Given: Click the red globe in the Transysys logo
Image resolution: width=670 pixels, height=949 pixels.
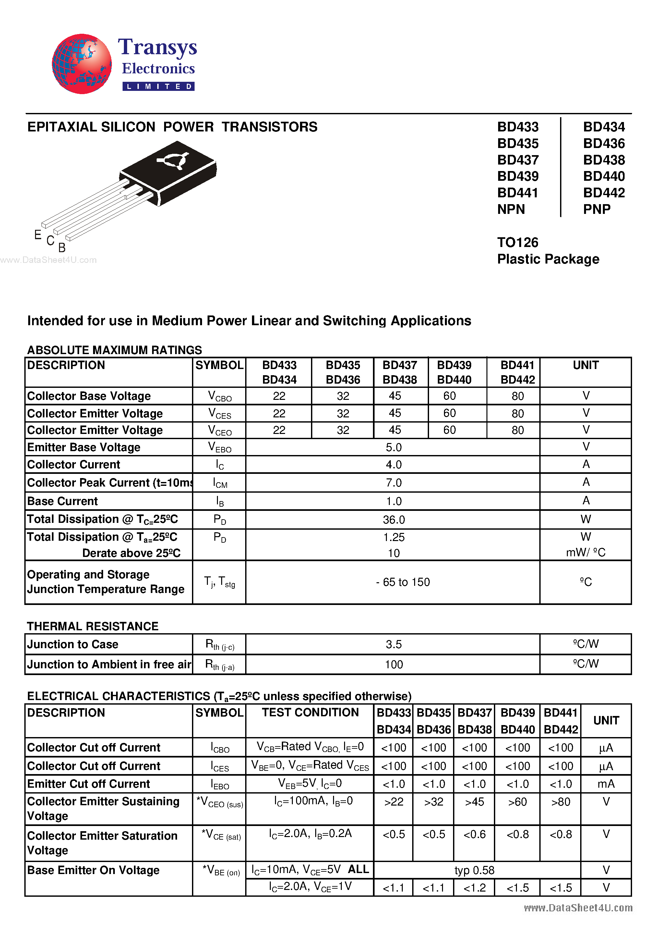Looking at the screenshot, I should (x=81, y=64).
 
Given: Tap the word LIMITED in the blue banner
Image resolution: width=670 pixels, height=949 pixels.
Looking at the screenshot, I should (x=158, y=86).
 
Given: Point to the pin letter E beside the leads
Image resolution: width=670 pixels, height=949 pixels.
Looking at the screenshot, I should (x=38, y=235).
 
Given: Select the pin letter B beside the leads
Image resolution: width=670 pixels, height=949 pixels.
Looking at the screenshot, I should (x=62, y=248).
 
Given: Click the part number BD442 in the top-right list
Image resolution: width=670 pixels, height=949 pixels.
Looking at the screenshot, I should (x=604, y=192).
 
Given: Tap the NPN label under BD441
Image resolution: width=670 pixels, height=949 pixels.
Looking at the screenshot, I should (x=511, y=209).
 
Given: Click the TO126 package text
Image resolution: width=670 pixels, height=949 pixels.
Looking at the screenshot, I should (x=518, y=242).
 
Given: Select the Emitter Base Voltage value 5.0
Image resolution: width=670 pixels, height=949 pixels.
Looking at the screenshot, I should (x=393, y=447).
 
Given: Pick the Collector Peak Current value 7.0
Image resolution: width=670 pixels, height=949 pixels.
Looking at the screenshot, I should (x=393, y=483).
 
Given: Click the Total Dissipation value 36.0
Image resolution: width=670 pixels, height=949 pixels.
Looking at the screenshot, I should (x=393, y=520).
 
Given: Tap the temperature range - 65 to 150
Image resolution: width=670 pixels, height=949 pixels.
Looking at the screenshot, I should (x=403, y=582).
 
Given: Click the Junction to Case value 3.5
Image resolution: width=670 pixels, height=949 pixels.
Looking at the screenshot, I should (x=393, y=644).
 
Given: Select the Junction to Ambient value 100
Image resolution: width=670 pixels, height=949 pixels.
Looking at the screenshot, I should (x=393, y=665).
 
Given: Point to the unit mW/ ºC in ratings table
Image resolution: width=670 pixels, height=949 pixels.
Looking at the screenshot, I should (x=585, y=553).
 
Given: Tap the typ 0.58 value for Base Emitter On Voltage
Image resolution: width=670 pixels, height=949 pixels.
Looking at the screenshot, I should (x=474, y=870).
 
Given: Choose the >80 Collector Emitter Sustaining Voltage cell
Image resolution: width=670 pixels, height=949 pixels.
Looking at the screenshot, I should (x=560, y=802).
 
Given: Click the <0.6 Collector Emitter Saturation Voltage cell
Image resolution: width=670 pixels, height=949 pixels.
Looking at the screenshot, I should (x=474, y=834).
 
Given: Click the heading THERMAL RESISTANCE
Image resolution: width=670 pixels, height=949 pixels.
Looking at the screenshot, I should (x=92, y=626).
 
